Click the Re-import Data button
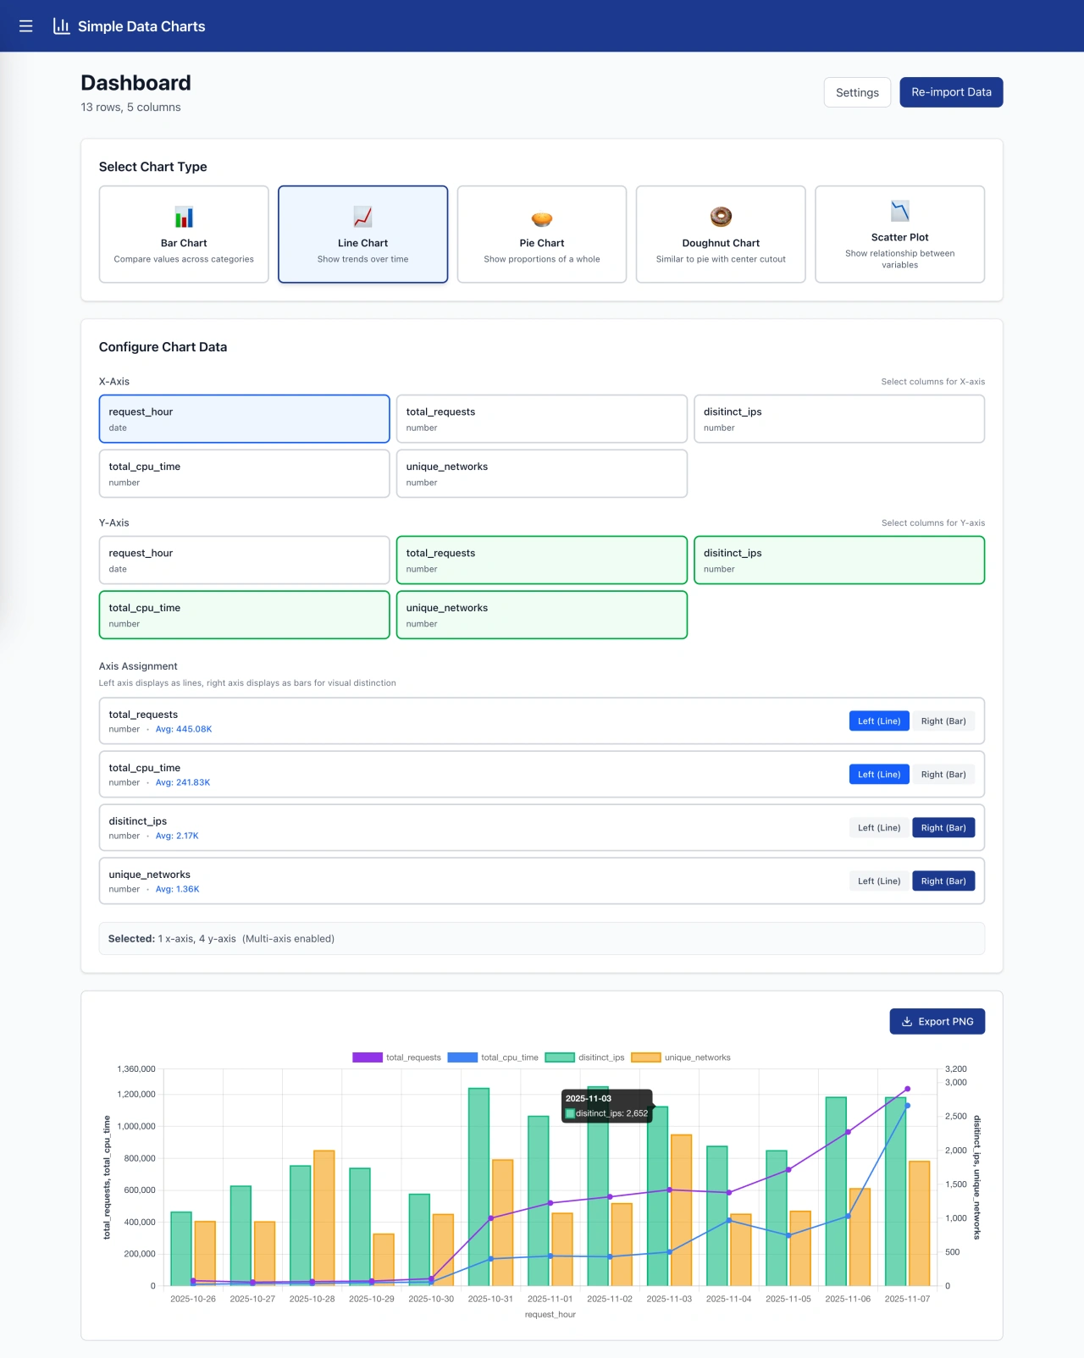[951, 92]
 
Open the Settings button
[857, 92]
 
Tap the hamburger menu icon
[26, 26]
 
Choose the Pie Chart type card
[542, 235]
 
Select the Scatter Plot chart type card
[899, 235]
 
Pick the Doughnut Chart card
[721, 235]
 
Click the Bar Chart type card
[184, 235]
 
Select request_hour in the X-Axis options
[244, 418]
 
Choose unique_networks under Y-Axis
[542, 615]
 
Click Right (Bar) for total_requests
[943, 721]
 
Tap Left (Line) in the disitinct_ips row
[879, 828]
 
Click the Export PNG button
[937, 1022]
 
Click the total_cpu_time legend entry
[493, 1057]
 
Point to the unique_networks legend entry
[681, 1057]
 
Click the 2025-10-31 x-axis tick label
[490, 1299]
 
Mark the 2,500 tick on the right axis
[955, 1117]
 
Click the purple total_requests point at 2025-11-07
[907, 1090]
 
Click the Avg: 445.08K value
[184, 729]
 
